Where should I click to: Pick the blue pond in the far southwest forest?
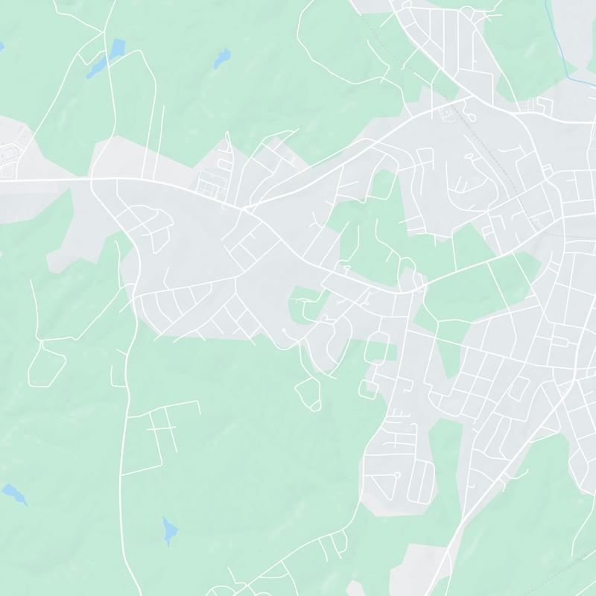tap(13, 493)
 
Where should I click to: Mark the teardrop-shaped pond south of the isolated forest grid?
tap(170, 530)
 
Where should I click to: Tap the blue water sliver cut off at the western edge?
tap(1, 47)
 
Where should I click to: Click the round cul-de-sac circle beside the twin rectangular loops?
tap(397, 475)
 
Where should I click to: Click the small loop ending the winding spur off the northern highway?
tap(471, 116)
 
